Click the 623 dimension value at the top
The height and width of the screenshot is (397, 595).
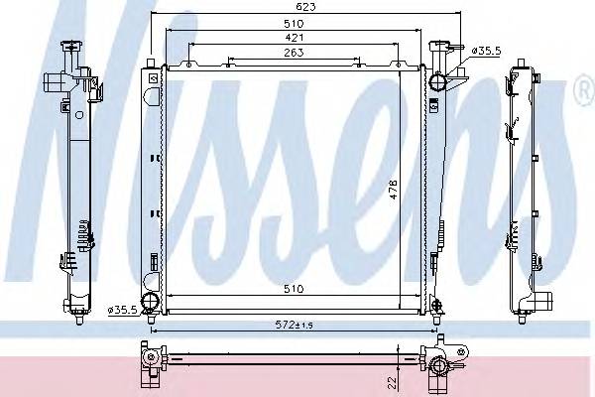point(305,7)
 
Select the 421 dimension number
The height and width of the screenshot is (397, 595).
point(295,38)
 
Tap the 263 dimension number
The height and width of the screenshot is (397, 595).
point(295,53)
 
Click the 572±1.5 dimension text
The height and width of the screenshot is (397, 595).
point(295,325)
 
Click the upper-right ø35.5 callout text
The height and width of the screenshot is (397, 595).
point(487,51)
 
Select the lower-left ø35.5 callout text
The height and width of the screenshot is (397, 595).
point(122,310)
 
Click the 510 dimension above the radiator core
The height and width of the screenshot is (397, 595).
point(295,24)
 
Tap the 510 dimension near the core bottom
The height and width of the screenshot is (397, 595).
point(295,289)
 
